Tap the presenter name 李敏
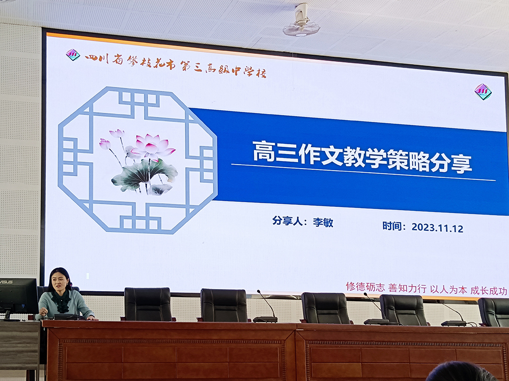pyautogui.click(x=323, y=223)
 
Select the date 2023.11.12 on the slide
pyautogui.click(x=437, y=228)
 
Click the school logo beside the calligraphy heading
pyautogui.click(x=73, y=55)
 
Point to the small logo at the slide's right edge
pyautogui.click(x=483, y=91)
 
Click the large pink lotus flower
pyautogui.click(x=153, y=146)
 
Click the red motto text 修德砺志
pyautogui.click(x=365, y=287)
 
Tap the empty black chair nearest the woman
pyautogui.click(x=148, y=304)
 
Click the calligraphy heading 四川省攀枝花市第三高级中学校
pyautogui.click(x=176, y=66)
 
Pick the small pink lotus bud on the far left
pyautogui.click(x=105, y=144)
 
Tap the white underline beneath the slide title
pyautogui.click(x=363, y=172)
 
